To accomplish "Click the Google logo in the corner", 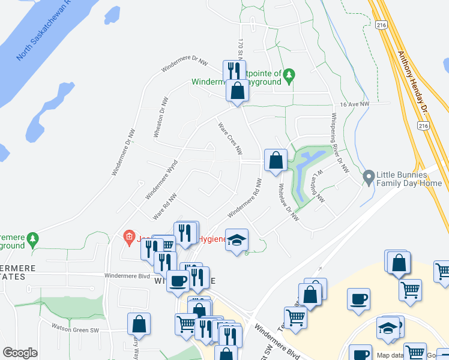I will coord(20,353).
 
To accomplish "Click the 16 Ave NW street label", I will coord(354,104).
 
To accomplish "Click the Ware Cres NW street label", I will coord(230,137).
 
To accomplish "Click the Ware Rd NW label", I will coord(164,205).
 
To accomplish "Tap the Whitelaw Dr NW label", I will coord(288,202).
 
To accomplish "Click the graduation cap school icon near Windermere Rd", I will coord(237,239).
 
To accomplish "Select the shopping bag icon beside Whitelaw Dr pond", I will coord(276,160).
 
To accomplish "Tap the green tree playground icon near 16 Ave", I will coord(289,75).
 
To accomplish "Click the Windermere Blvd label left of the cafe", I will coord(126,275).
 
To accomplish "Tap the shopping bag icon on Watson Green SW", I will coord(139,323).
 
